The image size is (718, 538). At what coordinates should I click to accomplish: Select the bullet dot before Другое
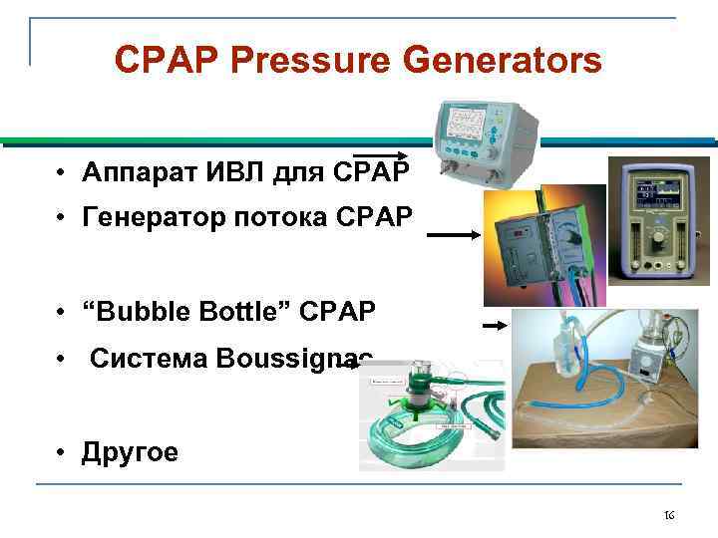62,453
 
